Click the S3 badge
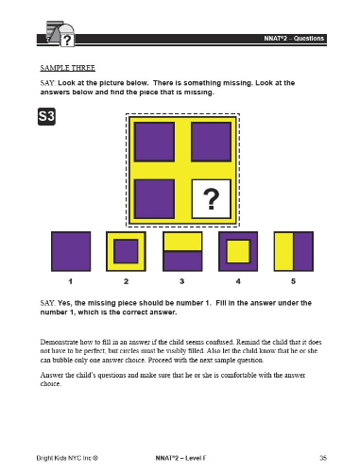coord(46,116)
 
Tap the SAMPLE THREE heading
coord(68,68)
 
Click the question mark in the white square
coord(212,199)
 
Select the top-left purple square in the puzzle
coord(154,142)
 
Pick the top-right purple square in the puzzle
coord(211,142)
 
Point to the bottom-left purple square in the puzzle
coord(154,199)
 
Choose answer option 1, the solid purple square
coord(71,251)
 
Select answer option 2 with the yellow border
coord(126,251)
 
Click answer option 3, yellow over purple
coord(182,251)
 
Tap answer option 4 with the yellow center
coord(238,251)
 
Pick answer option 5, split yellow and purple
coord(294,251)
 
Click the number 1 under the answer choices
coord(71,281)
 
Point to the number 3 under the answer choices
coord(182,281)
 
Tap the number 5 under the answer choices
coord(293,281)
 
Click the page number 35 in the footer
coord(323,458)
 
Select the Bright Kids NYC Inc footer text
coord(67,458)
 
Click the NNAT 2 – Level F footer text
coord(180,458)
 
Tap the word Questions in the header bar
coord(309,39)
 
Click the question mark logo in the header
coord(60,34)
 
